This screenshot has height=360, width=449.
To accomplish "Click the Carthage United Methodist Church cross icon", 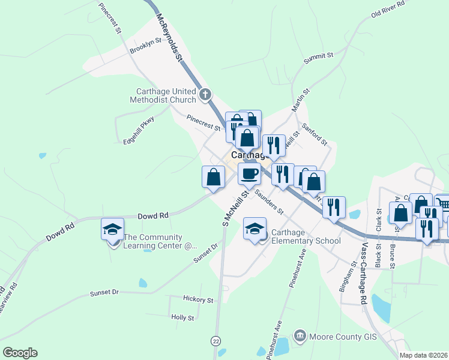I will [x=205, y=94].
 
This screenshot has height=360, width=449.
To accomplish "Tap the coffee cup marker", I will [x=249, y=174].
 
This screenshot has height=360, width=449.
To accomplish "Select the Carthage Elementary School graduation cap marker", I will [x=255, y=229].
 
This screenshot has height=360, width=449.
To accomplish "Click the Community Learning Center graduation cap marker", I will [x=112, y=230].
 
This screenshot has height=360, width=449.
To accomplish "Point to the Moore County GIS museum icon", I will [x=301, y=336].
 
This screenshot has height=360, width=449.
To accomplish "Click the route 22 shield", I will [x=215, y=341].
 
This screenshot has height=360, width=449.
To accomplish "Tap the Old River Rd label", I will [x=388, y=8].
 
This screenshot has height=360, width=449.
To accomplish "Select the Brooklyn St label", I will [x=146, y=46].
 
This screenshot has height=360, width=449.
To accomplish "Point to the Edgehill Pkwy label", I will [x=139, y=130].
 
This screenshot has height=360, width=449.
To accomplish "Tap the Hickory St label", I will [x=199, y=299].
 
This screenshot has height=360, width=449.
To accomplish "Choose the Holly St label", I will [x=182, y=317].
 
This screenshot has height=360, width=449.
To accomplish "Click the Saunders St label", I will [x=268, y=202].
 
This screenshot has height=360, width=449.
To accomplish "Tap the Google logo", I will [x=20, y=353].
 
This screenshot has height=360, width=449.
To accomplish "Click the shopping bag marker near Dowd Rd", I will [x=214, y=178].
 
